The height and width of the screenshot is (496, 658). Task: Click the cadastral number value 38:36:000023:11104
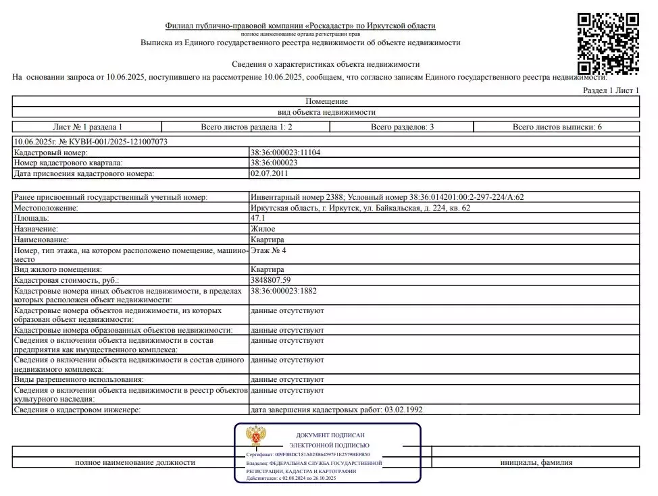pos(285,153)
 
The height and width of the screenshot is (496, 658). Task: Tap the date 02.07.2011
pos(270,173)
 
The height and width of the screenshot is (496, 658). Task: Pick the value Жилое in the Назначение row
pos(263,229)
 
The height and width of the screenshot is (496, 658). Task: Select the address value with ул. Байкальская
pos(360,209)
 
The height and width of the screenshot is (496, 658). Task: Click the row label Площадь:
pos(32,219)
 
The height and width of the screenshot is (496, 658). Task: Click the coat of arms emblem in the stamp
pos(255,437)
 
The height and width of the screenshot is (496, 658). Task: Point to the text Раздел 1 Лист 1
pos(610,90)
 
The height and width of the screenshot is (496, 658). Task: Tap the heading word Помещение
pos(326,101)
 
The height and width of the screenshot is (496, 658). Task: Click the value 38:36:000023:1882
pos(283,292)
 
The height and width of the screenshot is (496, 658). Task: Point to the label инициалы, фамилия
pos(536,462)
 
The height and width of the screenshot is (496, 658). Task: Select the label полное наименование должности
pos(135,462)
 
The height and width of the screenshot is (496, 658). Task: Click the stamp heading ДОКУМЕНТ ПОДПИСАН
pos(329,435)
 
